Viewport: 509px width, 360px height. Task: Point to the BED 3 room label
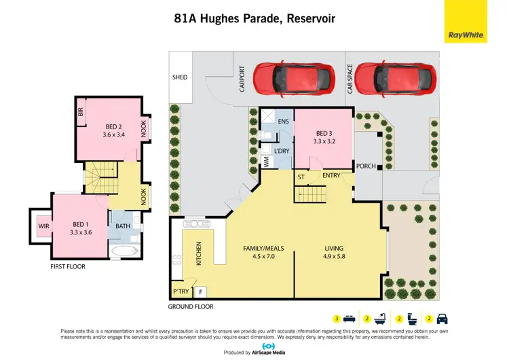323,133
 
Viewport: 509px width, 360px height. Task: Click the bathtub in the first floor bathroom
126,251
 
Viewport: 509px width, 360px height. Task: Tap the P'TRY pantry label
181,292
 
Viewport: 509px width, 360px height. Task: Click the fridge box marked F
200,292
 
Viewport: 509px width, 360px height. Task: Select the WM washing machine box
266,162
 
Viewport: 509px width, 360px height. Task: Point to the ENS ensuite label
284,122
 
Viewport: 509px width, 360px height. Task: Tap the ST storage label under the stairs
301,177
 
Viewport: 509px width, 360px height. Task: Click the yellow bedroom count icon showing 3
336,319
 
